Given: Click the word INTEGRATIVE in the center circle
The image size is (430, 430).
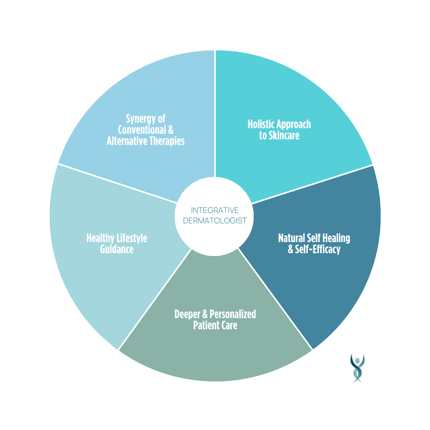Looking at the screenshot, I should (215, 210).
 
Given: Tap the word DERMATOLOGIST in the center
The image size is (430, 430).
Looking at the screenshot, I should (215, 220).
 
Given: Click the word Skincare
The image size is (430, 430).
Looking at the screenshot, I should (284, 135).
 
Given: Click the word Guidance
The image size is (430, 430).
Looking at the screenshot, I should (117, 249).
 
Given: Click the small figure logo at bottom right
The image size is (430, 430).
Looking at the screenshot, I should (357, 367).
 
